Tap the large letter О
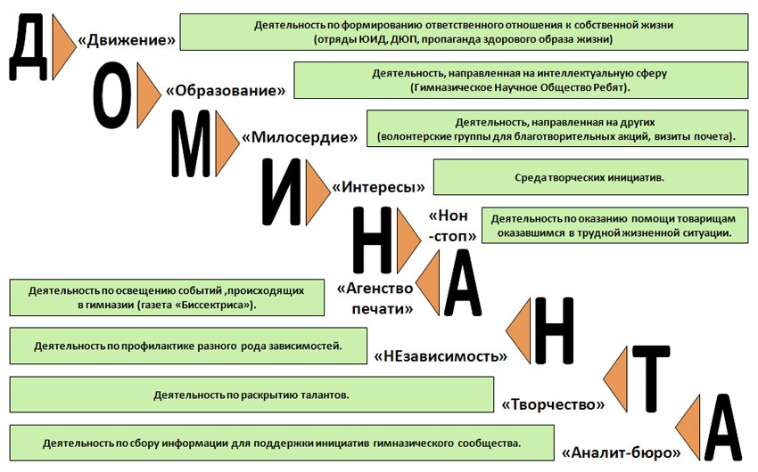tap(112, 95)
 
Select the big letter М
tap(192, 143)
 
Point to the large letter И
tap(282, 191)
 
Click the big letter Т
tap(651, 378)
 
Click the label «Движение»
tap(127, 40)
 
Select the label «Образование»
tap(226, 90)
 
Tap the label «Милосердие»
tap(300, 137)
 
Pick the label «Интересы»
tap(378, 187)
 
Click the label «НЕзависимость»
tap(441, 356)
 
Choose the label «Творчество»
tap(553, 404)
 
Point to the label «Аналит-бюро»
tap(622, 452)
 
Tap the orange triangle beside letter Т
tap(617, 379)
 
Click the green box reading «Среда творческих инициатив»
tap(590, 177)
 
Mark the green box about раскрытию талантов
tap(251, 395)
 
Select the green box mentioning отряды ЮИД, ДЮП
tap(464, 32)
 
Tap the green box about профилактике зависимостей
tap(188, 346)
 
